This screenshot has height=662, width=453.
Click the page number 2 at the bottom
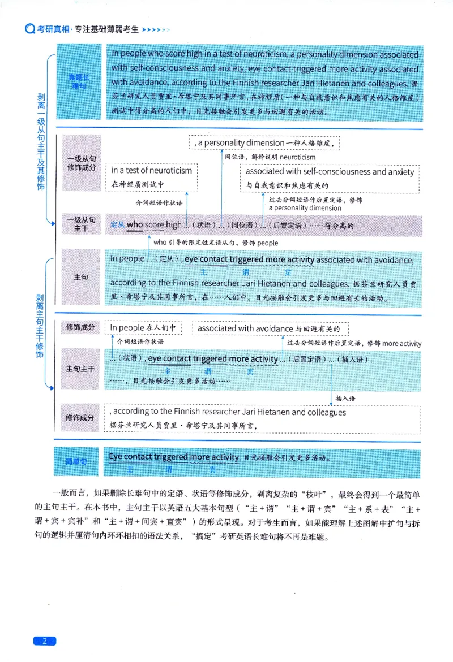pyautogui.click(x=45, y=641)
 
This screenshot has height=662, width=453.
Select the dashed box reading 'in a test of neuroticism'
pyautogui.click(x=152, y=177)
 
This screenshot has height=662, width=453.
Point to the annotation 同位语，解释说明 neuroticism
pyautogui.click(x=270, y=157)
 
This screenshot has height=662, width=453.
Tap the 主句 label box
pyautogui.click(x=80, y=278)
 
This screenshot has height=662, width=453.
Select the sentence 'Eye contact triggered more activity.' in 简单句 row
pyautogui.click(x=174, y=456)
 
